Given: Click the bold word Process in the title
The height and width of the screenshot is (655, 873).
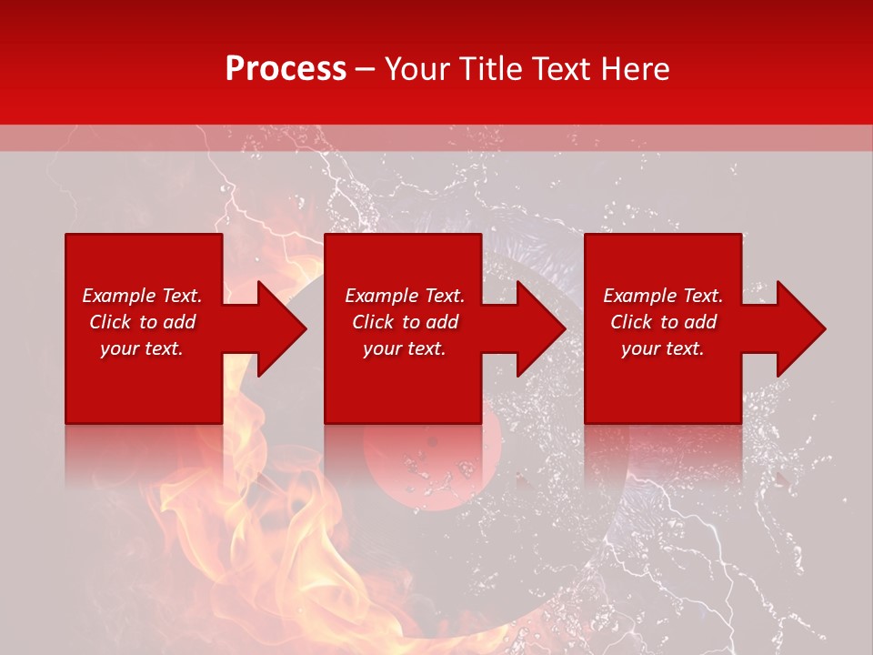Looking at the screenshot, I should [286, 69].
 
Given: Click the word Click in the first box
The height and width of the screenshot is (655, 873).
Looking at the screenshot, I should [110, 322].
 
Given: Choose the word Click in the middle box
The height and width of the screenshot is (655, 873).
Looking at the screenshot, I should [373, 322].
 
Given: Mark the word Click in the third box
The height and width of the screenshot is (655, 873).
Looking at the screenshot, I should [631, 322].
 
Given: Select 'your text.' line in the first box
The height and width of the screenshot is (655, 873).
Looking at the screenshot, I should [142, 348].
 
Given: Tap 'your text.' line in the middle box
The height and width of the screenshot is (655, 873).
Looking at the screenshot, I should [405, 348].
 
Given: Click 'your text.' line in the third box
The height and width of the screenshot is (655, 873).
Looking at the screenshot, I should [663, 348].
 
